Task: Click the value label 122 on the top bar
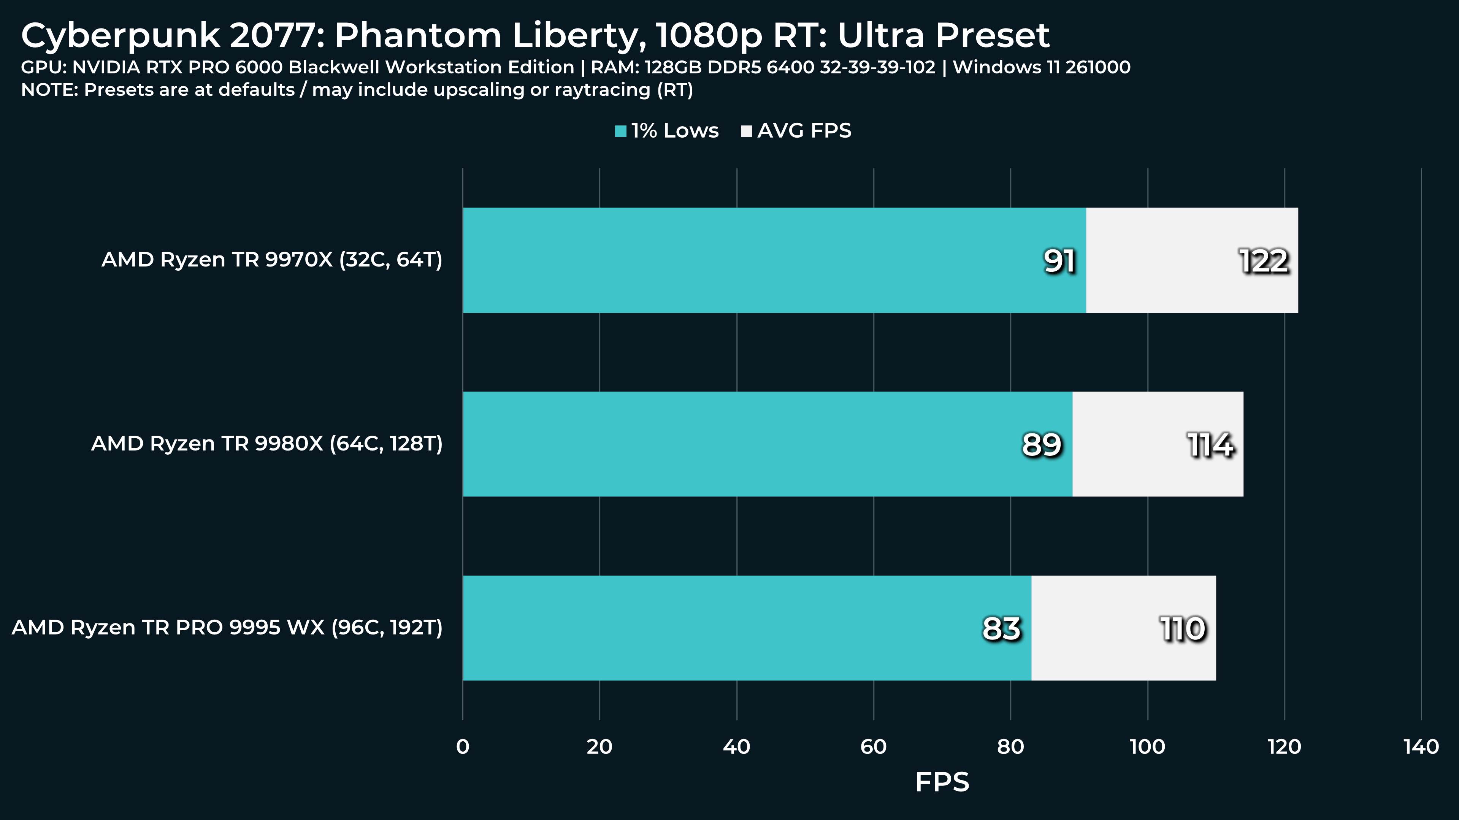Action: [x=1264, y=261]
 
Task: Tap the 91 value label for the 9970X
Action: [x=1059, y=261]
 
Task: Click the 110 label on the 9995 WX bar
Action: [x=1183, y=629]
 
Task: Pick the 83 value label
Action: [x=1001, y=629]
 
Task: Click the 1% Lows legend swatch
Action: [x=621, y=132]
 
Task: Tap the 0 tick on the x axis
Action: [x=463, y=747]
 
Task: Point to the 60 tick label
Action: [x=873, y=747]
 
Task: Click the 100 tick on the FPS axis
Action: [x=1148, y=747]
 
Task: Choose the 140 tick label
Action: [x=1421, y=747]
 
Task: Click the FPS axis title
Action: [x=942, y=782]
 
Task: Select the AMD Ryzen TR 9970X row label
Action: [x=272, y=260]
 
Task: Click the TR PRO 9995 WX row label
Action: [x=227, y=628]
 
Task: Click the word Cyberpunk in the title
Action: [x=120, y=36]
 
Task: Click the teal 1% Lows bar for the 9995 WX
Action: [x=736, y=628]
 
